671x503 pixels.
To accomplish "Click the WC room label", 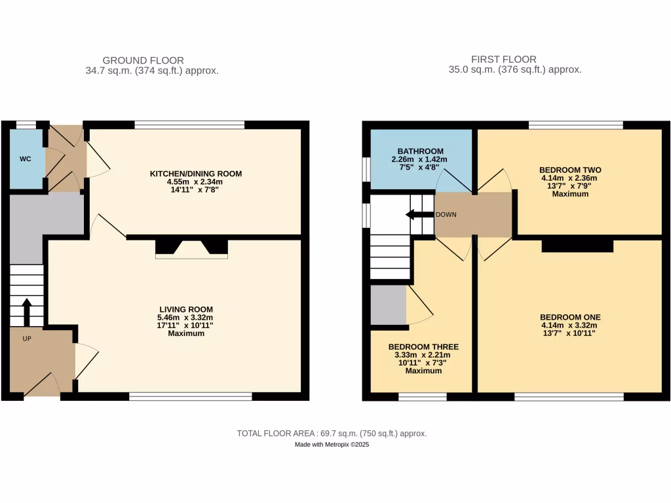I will pyautogui.click(x=25, y=159).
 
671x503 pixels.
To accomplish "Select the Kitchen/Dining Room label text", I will pyautogui.click(x=196, y=174).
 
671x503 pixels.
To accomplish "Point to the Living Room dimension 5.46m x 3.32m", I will pyautogui.click(x=186, y=317).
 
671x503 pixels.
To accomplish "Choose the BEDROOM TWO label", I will pyautogui.click(x=570, y=170).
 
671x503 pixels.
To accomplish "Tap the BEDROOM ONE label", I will pyautogui.click(x=570, y=317).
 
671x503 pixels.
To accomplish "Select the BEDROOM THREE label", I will pyautogui.click(x=423, y=346).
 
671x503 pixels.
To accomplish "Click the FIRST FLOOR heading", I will pyautogui.click(x=503, y=59).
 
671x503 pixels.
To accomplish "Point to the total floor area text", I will pyautogui.click(x=332, y=434).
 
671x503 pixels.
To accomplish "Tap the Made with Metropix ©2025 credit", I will pyautogui.click(x=332, y=445).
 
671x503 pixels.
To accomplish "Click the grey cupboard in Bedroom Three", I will pyautogui.click(x=388, y=304).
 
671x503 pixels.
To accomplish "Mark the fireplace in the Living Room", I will pyautogui.click(x=191, y=248).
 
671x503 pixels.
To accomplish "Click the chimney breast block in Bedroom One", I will pyautogui.click(x=577, y=245).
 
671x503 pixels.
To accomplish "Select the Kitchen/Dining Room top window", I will pyautogui.click(x=189, y=124).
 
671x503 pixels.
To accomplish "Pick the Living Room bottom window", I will pyautogui.click(x=190, y=396).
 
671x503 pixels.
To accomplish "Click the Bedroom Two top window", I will pyautogui.click(x=575, y=124).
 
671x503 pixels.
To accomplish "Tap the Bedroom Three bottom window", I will pyautogui.click(x=423, y=396).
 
